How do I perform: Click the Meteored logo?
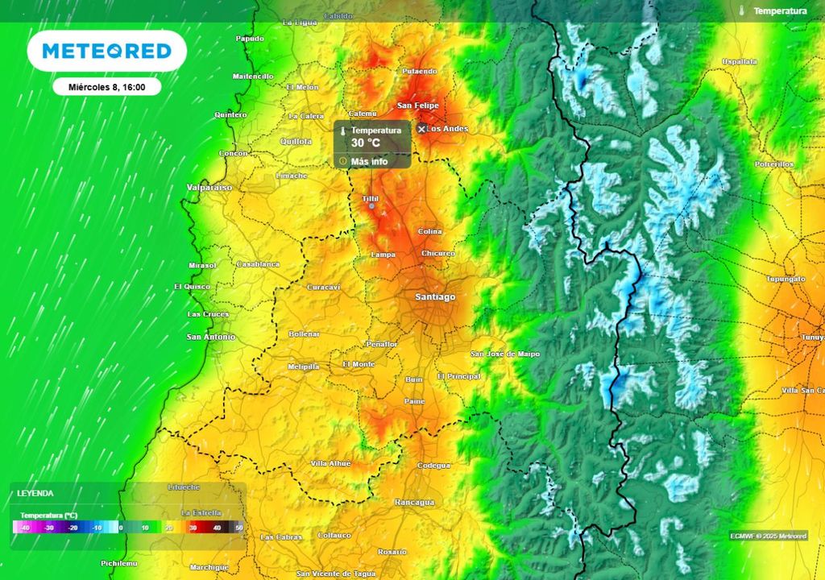click(x=106, y=51)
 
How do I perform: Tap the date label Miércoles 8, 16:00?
click(x=106, y=86)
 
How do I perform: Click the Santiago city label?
click(x=435, y=297)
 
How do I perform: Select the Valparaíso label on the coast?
click(x=208, y=187)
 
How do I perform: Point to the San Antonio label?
click(x=210, y=337)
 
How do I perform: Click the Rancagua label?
click(x=414, y=502)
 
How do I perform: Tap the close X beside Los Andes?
click(x=421, y=129)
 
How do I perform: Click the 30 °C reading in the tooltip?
click(x=365, y=143)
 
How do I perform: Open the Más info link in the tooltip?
click(x=369, y=161)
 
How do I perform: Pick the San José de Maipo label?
click(x=505, y=354)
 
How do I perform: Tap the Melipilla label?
click(x=304, y=367)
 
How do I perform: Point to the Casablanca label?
click(x=258, y=264)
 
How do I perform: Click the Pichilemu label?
click(x=119, y=563)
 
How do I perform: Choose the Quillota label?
click(x=295, y=141)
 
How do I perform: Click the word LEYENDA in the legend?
click(x=36, y=493)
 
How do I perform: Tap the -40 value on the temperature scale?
click(x=27, y=528)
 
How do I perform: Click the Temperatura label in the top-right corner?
click(x=780, y=11)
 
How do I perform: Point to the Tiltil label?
click(x=371, y=198)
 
